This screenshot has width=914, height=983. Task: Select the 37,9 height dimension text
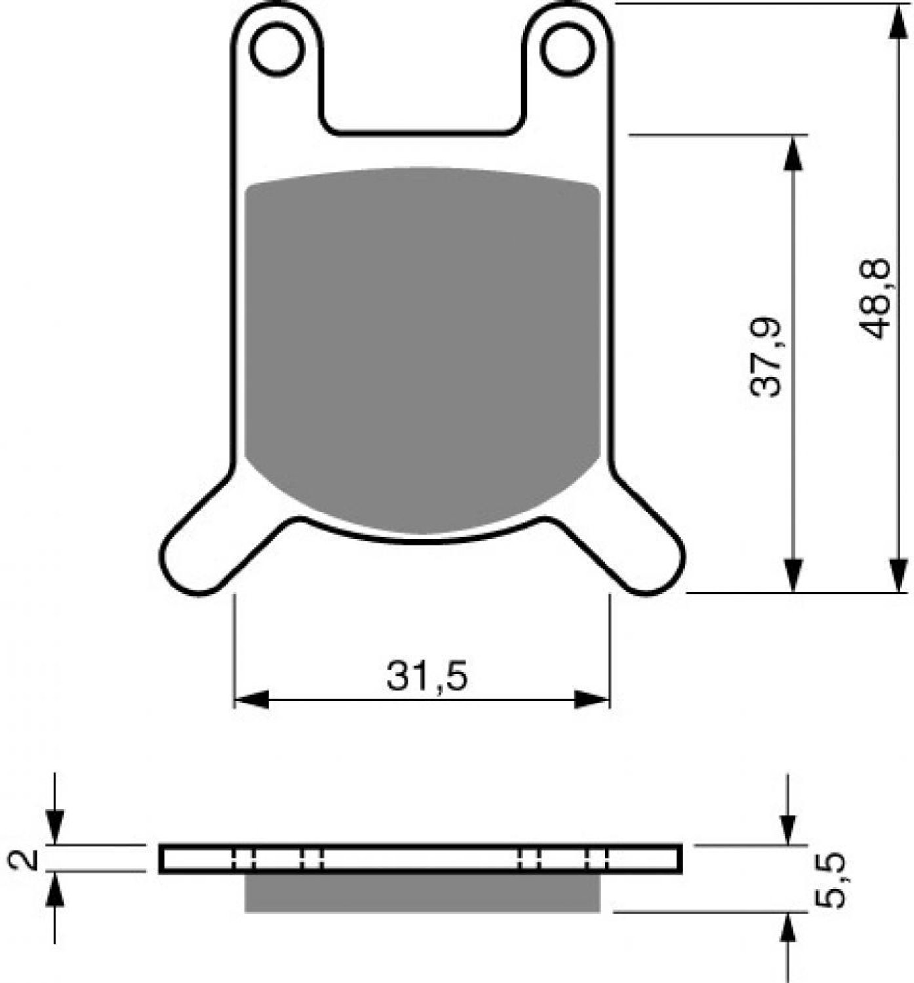(x=765, y=357)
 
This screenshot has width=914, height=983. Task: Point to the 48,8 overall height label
(x=875, y=299)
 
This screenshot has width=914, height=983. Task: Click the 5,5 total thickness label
(x=830, y=881)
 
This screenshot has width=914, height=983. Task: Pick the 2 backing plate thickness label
(x=24, y=859)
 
